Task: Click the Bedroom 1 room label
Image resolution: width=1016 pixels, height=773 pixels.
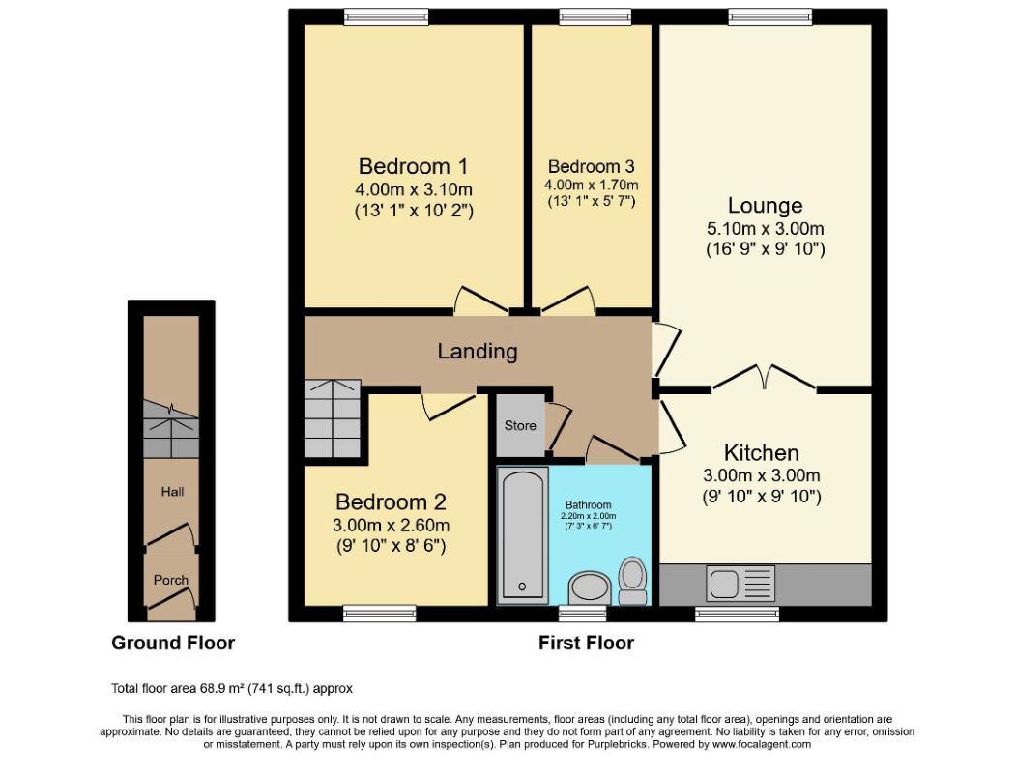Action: pos(413,166)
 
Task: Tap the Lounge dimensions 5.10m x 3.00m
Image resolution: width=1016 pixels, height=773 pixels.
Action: pos(766,229)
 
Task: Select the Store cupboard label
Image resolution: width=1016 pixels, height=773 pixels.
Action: pos(520,425)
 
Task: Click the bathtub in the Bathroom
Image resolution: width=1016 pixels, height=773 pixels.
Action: pos(522,534)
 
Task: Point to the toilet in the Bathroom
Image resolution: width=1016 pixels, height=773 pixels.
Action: pos(632,580)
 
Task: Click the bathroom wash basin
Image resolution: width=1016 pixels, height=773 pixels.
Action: pos(590,587)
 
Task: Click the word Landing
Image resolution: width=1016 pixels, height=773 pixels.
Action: pos(478,351)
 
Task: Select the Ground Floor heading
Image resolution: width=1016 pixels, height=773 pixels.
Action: pos(173,643)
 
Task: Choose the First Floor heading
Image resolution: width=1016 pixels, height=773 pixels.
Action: pos(587,643)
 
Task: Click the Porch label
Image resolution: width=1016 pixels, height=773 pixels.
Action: pos(171,580)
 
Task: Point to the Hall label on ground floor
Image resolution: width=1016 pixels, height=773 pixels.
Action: pos(172,492)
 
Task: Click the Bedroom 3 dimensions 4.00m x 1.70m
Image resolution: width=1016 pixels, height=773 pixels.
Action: pos(592,186)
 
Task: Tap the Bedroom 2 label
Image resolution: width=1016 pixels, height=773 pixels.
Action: pos(391,501)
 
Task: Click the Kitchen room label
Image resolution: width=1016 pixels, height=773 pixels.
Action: pos(762,452)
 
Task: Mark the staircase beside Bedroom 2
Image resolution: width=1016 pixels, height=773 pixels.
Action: pos(333,418)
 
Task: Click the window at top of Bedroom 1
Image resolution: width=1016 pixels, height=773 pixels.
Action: pos(386,16)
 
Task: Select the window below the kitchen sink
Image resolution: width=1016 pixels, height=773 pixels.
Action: pos(738,614)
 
